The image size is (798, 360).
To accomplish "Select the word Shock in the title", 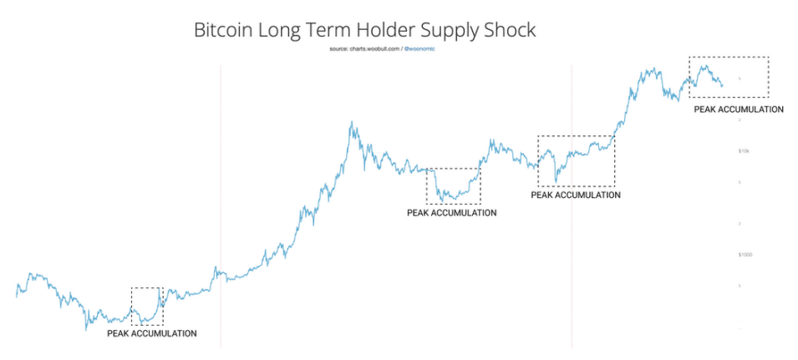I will [x=506, y=31].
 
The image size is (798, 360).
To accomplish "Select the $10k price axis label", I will [x=745, y=151].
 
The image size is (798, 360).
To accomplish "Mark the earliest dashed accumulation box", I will [x=147, y=306].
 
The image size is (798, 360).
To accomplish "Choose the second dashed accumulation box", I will [x=453, y=186].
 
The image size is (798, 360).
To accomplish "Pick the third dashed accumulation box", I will [x=576, y=160].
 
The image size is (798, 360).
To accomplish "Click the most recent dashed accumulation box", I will [x=728, y=77].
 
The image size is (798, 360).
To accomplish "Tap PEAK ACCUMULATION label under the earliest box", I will [x=152, y=333].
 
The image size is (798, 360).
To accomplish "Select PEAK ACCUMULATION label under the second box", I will [x=451, y=213].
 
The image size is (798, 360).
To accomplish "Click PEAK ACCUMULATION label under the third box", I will [x=576, y=195].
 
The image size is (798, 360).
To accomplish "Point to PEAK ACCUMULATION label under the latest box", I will [x=739, y=109].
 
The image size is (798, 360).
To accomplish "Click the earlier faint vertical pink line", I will [x=221, y=209].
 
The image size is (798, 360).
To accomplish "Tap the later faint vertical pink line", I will [x=572, y=209].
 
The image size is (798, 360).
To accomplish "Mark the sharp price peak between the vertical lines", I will [x=352, y=123].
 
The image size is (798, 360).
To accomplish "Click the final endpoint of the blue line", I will [x=723, y=85].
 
